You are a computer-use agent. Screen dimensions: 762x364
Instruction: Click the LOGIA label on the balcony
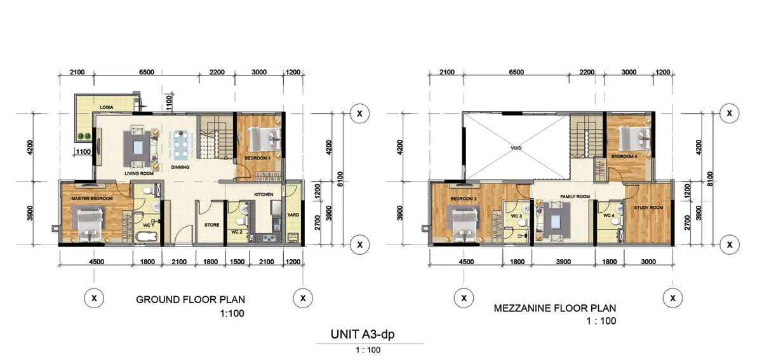click(107, 107)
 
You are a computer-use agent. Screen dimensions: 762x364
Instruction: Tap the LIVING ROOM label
click(139, 173)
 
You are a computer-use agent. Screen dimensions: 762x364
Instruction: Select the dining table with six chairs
click(181, 145)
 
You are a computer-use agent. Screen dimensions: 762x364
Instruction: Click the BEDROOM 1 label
click(258, 158)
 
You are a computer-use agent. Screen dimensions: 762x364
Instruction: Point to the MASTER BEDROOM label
click(92, 198)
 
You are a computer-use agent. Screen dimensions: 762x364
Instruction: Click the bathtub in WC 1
click(146, 236)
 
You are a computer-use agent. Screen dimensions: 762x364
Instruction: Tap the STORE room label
click(211, 225)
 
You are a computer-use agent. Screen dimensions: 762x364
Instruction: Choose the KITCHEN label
click(264, 194)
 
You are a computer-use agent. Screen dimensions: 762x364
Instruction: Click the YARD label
click(293, 215)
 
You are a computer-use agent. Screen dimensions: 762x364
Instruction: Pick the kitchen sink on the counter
click(269, 238)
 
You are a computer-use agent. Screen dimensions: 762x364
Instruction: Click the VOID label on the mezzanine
click(516, 148)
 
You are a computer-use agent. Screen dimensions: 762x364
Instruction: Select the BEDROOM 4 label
click(624, 156)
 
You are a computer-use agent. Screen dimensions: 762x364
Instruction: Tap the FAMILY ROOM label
click(575, 196)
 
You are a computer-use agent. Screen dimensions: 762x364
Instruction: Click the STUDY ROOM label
click(648, 208)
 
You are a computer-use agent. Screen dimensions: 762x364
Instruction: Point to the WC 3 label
click(516, 216)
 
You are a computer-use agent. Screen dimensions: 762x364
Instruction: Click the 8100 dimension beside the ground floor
click(340, 179)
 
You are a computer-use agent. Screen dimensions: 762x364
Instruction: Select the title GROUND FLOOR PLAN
click(190, 300)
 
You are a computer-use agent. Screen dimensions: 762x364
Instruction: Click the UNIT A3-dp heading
click(363, 334)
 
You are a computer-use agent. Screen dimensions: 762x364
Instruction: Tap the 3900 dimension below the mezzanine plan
click(563, 262)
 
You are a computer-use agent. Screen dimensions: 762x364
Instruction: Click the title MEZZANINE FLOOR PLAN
click(555, 308)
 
